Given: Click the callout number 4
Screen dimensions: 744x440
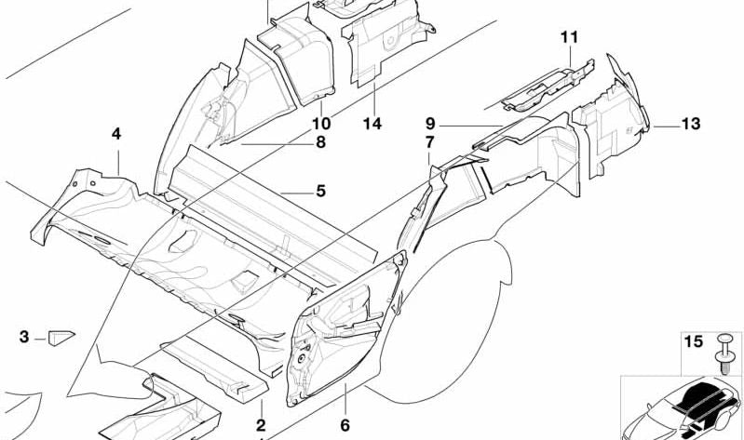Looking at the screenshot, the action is click(116, 134).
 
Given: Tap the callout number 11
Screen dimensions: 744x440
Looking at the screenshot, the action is click(569, 37).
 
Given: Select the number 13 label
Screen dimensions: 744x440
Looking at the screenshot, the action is click(691, 124).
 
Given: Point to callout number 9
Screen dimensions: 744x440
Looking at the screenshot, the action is click(430, 124).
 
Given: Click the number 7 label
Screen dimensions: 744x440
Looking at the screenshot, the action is click(429, 141).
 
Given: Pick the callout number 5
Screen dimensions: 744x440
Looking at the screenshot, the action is click(320, 191).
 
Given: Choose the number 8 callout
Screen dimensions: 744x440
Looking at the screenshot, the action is click(320, 141).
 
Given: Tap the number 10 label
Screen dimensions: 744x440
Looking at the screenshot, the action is click(321, 124).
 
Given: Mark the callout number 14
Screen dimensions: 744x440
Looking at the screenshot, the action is click(372, 124).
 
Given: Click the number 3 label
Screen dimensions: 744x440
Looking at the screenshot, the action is click(24, 337).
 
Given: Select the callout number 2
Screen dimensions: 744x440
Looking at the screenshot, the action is click(261, 425).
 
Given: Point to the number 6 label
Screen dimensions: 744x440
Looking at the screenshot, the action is click(345, 425).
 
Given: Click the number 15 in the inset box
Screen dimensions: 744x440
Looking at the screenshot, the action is click(693, 341).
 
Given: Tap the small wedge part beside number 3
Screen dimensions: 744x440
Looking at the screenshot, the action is click(61, 338).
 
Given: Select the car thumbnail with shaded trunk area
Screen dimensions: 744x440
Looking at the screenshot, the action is click(682, 408).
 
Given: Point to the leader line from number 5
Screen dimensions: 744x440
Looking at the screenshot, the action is click(296, 193).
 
